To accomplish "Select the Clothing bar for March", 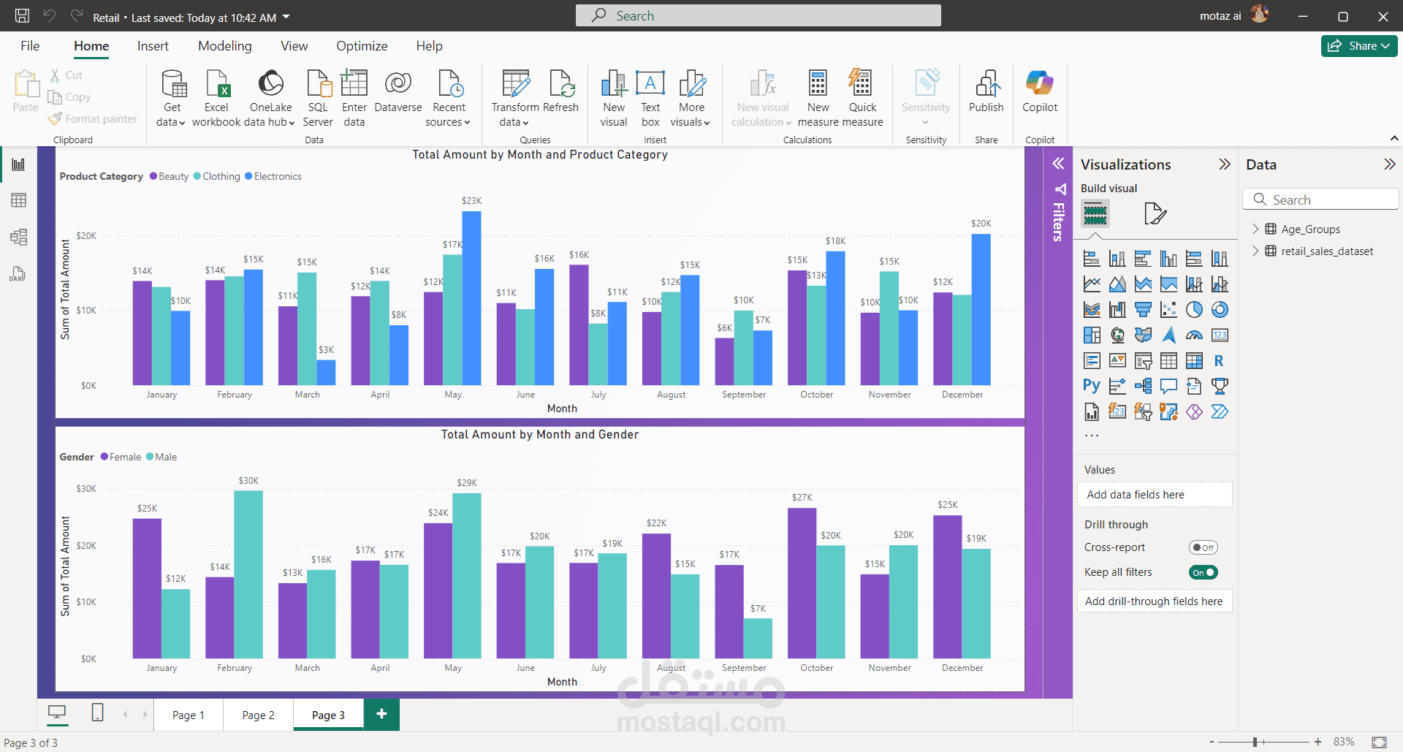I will click(x=307, y=329).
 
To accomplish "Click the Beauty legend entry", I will click(x=170, y=176).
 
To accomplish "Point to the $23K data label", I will click(x=471, y=201).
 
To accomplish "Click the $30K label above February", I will click(x=248, y=481).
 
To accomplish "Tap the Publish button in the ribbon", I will click(x=986, y=92).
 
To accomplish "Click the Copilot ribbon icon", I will click(x=1039, y=92).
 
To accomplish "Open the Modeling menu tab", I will click(x=224, y=46).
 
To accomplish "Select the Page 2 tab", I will click(x=258, y=715).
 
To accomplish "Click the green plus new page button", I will click(x=381, y=714).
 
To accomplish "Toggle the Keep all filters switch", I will click(x=1203, y=572).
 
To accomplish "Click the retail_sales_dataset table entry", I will click(x=1326, y=251).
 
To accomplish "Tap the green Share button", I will click(x=1358, y=45).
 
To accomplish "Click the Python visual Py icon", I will click(x=1092, y=386).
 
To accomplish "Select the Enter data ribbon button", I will click(x=354, y=98).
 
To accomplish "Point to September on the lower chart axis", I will click(x=744, y=668).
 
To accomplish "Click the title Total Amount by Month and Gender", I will click(x=539, y=435).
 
